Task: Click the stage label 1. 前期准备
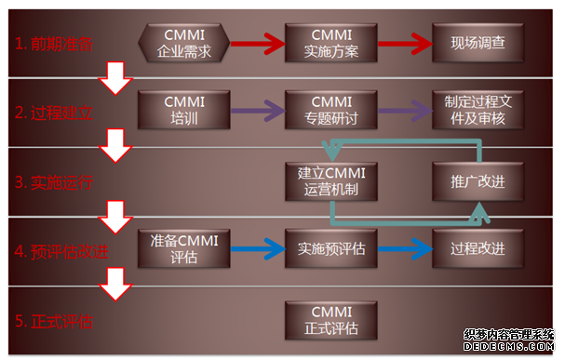click(x=54, y=43)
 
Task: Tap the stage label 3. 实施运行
click(x=54, y=181)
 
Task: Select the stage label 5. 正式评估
click(x=54, y=322)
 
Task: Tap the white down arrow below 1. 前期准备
click(x=117, y=80)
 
